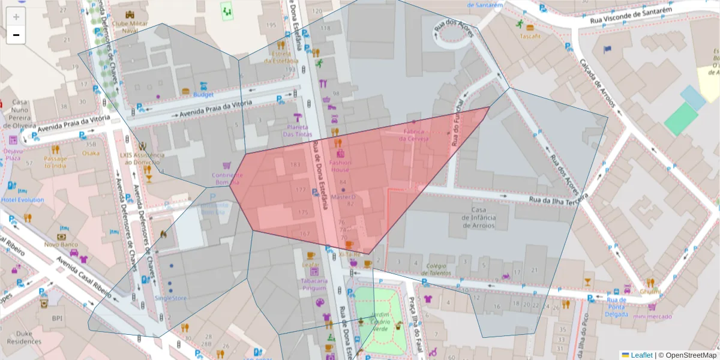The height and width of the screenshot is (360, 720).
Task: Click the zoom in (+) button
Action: click(x=16, y=17)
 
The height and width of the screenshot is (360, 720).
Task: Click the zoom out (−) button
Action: click(x=16, y=35)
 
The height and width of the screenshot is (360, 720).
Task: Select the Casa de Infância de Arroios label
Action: click(x=478, y=217)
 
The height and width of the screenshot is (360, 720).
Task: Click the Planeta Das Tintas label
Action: click(x=298, y=130)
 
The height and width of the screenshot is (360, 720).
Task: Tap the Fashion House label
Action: click(x=340, y=166)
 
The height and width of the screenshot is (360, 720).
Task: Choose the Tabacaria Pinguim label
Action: click(x=314, y=284)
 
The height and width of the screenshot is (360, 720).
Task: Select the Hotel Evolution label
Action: click(x=22, y=200)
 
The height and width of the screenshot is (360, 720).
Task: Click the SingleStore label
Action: click(x=170, y=298)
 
